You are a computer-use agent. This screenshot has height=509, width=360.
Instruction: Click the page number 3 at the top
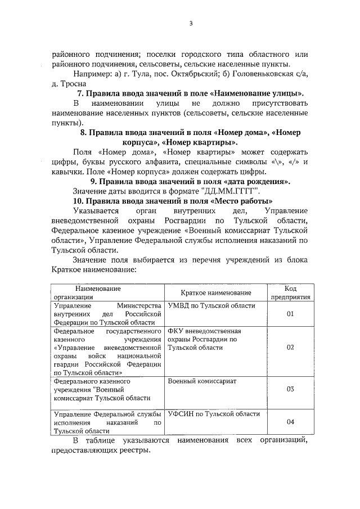tap(191, 23)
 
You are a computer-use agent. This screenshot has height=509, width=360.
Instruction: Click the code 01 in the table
tap(290, 314)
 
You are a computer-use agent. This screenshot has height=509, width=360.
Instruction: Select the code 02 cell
tap(290, 347)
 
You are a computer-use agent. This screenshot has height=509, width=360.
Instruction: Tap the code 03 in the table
tap(290, 389)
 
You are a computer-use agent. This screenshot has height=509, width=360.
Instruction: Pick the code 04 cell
tap(290, 422)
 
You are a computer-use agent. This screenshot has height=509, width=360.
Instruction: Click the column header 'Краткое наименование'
tap(215, 293)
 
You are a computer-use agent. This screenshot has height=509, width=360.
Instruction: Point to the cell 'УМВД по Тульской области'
tap(211, 305)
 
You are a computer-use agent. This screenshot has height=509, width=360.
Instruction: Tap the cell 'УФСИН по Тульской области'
tap(213, 414)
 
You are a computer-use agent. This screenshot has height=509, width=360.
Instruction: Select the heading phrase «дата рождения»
tap(258, 182)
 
